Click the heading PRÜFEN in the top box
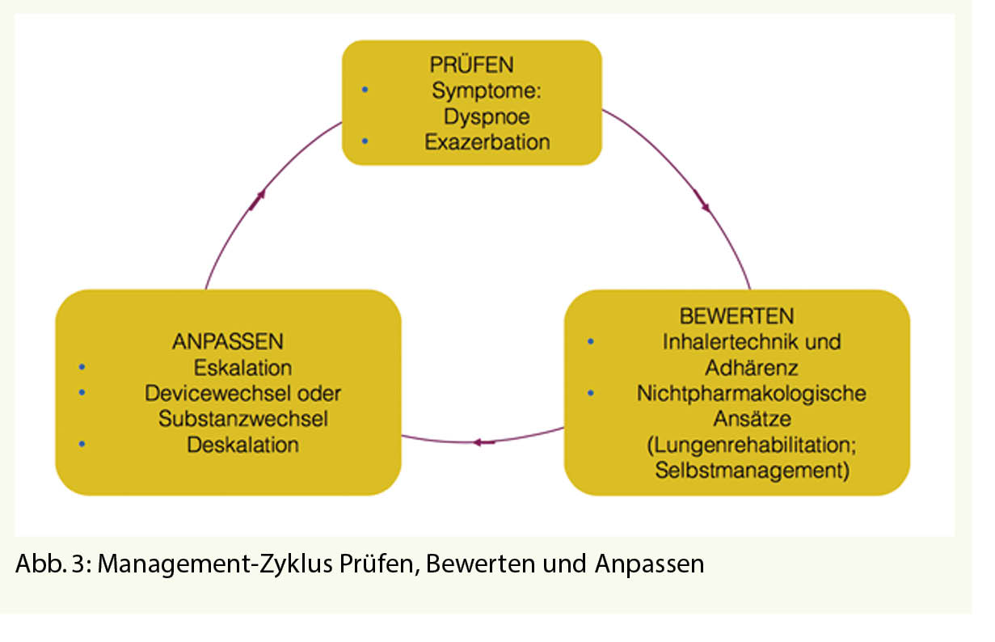click(x=473, y=64)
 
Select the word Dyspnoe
click(x=487, y=116)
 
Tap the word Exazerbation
click(x=487, y=142)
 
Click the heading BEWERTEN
click(x=736, y=315)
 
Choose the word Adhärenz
click(x=752, y=368)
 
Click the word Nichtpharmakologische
click(x=752, y=394)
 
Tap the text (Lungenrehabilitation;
click(x=752, y=445)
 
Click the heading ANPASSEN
click(x=227, y=340)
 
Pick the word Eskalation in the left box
click(x=242, y=368)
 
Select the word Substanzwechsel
click(x=242, y=419)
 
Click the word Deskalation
click(x=242, y=445)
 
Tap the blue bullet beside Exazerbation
click(x=365, y=141)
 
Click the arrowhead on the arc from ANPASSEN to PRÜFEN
click(x=259, y=199)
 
